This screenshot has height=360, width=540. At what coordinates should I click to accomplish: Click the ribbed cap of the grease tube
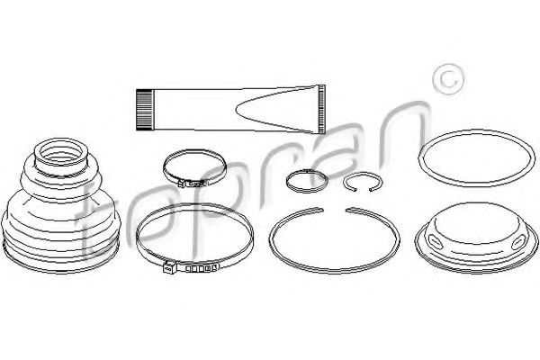tap(144, 110)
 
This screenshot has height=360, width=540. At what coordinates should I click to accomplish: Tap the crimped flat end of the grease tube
tap(321, 109)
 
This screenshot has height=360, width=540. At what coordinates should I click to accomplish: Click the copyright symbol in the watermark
tap(448, 79)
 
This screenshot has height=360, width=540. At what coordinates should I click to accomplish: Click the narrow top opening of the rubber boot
tap(60, 154)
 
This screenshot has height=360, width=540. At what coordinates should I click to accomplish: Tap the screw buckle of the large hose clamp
tap(169, 267)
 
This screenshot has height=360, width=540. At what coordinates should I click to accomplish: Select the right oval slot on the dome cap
tap(518, 243)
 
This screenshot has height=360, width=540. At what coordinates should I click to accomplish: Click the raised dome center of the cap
tap(477, 220)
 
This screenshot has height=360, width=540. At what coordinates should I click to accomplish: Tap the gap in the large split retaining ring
tap(334, 209)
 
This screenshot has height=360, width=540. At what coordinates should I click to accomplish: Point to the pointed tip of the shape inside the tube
tap(237, 109)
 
